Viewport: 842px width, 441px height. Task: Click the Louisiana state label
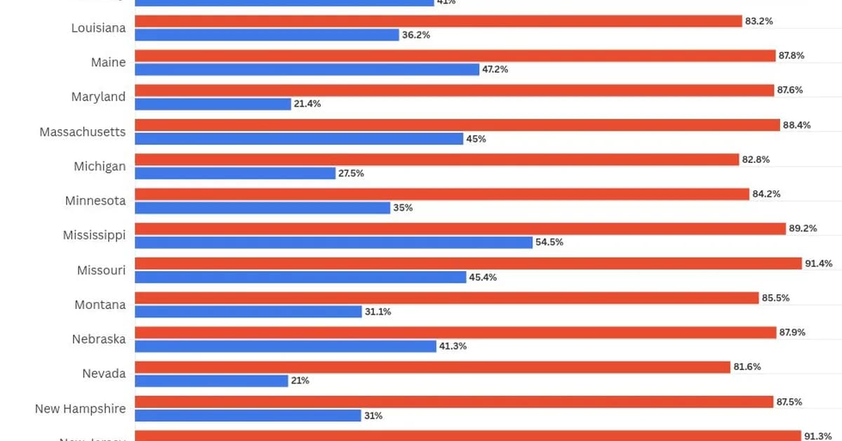click(x=99, y=28)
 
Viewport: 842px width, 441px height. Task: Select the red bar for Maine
click(x=455, y=55)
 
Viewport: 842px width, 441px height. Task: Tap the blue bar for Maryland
click(x=213, y=104)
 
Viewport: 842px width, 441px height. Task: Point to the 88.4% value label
click(x=797, y=125)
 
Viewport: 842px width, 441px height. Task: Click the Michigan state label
click(x=100, y=166)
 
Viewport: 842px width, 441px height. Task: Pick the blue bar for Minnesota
click(x=262, y=208)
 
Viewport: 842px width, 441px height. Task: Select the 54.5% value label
click(x=549, y=242)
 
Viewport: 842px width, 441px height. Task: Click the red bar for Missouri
click(x=468, y=263)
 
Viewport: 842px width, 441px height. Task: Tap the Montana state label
click(x=100, y=305)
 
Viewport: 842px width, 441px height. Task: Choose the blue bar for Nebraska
click(x=286, y=346)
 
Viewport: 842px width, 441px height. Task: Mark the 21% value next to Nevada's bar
click(x=300, y=381)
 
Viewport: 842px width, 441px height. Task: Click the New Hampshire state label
click(x=81, y=409)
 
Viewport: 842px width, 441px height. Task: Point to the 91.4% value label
click(x=819, y=263)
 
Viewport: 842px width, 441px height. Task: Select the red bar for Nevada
click(x=432, y=367)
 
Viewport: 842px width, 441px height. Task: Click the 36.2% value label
click(x=416, y=34)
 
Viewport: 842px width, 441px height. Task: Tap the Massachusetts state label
click(x=83, y=132)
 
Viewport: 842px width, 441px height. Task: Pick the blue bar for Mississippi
click(x=333, y=242)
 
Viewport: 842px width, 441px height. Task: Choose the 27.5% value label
click(x=352, y=173)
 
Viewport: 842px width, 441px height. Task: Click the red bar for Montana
click(x=446, y=298)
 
